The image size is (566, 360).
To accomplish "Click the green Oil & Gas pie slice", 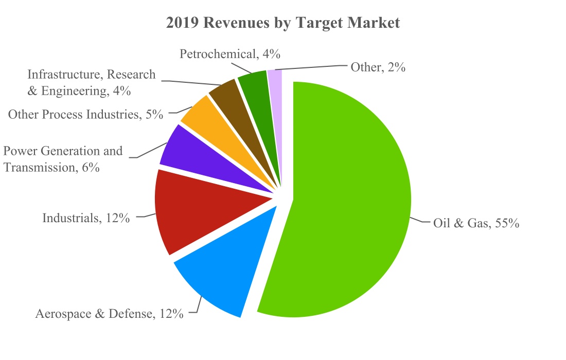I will (350, 206).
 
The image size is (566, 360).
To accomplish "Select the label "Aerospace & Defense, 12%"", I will (109, 314).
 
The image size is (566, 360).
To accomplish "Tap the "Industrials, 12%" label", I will (86, 218).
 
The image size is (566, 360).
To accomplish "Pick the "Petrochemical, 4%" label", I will (229, 54).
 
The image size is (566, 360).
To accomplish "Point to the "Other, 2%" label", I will (378, 67).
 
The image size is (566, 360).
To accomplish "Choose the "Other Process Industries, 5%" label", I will (85, 114).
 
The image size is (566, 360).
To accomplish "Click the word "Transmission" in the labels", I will (37, 167).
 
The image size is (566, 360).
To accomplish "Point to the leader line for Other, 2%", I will (314, 67).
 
